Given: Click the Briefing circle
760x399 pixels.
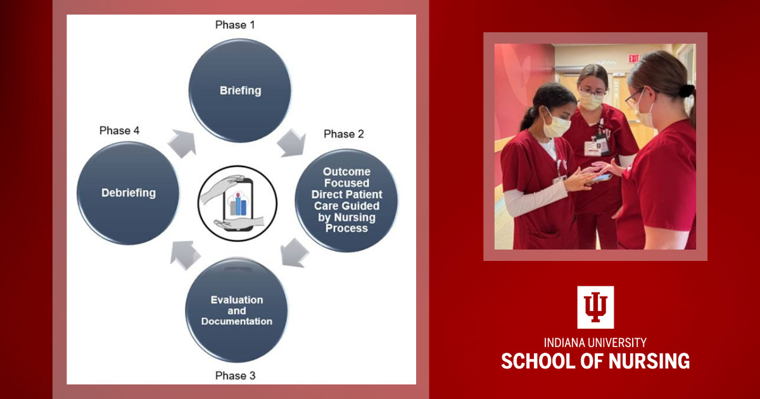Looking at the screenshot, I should pyautogui.click(x=240, y=90).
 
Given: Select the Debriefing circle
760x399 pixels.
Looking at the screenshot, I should pyautogui.click(x=129, y=193).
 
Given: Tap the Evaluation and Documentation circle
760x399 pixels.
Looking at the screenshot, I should pyautogui.click(x=236, y=310).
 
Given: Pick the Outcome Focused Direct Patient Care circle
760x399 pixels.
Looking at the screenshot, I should pyautogui.click(x=346, y=200).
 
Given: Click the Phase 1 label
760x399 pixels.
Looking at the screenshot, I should pyautogui.click(x=235, y=25).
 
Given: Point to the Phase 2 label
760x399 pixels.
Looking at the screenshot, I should pyautogui.click(x=344, y=134).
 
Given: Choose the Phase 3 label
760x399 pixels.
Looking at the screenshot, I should pyautogui.click(x=235, y=376).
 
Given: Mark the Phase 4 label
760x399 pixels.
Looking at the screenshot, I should pyautogui.click(x=119, y=130).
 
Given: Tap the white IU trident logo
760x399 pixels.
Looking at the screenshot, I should pyautogui.click(x=595, y=307).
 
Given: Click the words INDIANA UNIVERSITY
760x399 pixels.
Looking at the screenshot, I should pyautogui.click(x=595, y=343).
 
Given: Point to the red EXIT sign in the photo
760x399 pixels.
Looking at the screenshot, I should pyautogui.click(x=633, y=58).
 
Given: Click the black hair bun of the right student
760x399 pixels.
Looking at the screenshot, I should pyautogui.click(x=687, y=91).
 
